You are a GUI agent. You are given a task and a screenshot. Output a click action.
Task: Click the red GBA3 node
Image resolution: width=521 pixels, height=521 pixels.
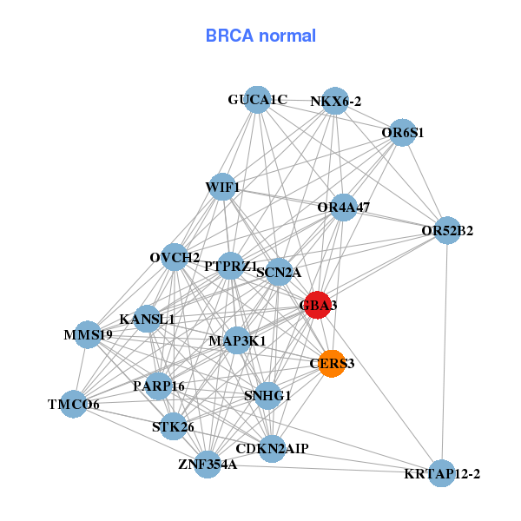click(317, 305)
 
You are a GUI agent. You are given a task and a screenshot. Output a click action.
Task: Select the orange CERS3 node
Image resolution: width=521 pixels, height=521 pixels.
click(332, 363)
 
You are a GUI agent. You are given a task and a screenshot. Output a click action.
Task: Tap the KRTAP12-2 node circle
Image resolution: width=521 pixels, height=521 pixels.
click(442, 473)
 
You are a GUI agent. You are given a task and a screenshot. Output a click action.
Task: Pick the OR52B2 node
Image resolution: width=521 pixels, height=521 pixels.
click(446, 230)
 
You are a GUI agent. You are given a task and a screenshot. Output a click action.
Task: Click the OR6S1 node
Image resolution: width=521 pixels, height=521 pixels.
click(401, 133)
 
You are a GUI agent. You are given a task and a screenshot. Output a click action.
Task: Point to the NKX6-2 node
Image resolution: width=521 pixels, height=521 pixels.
click(335, 101)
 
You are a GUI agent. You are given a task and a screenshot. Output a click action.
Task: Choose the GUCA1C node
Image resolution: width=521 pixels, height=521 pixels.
click(257, 100)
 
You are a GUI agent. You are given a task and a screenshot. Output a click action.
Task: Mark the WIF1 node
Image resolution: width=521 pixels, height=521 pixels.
click(222, 187)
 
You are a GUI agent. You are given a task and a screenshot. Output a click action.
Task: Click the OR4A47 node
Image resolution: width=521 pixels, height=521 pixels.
click(344, 208)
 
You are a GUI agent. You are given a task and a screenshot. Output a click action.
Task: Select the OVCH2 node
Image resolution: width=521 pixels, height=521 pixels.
click(175, 257)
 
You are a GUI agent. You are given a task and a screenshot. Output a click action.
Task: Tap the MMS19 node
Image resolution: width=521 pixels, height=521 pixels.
click(88, 334)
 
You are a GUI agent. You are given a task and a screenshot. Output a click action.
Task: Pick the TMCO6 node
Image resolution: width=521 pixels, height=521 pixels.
click(74, 404)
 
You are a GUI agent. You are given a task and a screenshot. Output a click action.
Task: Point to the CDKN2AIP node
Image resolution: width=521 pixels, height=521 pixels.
click(272, 448)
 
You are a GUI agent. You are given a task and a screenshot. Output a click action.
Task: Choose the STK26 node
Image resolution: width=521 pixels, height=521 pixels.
click(173, 426)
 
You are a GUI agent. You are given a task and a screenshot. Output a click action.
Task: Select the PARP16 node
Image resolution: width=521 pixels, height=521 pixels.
click(158, 386)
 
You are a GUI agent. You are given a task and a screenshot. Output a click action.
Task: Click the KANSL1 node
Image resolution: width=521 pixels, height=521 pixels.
click(147, 319)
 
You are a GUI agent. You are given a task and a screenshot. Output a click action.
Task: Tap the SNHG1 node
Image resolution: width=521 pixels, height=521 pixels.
click(267, 395)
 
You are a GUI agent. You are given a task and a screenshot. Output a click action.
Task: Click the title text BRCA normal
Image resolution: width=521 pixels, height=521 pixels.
click(260, 36)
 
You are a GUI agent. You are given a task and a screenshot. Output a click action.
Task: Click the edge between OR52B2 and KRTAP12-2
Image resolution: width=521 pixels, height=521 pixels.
click(445, 347)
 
